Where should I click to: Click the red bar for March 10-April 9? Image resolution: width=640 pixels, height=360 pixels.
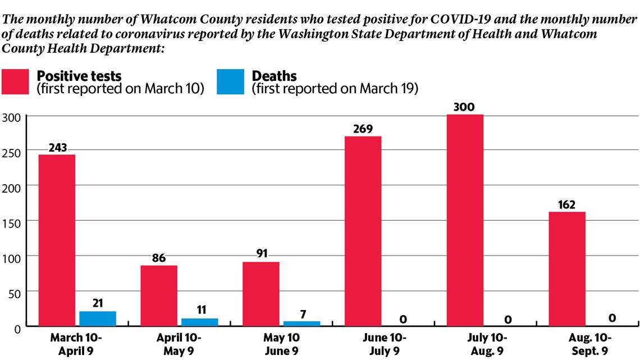pyautogui.click(x=57, y=240)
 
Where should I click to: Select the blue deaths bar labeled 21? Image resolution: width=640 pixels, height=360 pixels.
pyautogui.click(x=98, y=318)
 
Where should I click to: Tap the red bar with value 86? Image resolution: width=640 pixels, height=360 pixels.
pyautogui.click(x=159, y=295)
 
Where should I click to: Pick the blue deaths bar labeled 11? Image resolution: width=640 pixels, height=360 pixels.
pyautogui.click(x=199, y=322)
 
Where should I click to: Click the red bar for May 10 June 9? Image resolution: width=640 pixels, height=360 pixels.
pyautogui.click(x=260, y=294)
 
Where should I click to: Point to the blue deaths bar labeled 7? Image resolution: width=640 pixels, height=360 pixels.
pyautogui.click(x=301, y=323)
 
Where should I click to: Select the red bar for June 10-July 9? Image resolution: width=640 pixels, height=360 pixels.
pyautogui.click(x=363, y=231)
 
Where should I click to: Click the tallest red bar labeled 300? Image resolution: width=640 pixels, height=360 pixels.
pyautogui.click(x=465, y=220)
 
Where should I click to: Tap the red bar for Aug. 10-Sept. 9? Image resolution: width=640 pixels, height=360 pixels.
pyautogui.click(x=567, y=268)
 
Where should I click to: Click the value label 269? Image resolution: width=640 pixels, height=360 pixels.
pyautogui.click(x=363, y=129)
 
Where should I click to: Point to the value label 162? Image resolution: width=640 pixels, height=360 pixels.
pyautogui.click(x=567, y=204)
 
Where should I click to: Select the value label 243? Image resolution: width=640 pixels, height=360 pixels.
pyautogui.click(x=57, y=148)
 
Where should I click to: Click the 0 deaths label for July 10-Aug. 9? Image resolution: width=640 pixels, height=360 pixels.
pyautogui.click(x=508, y=320)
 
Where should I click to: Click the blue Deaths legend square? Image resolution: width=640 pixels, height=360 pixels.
pyautogui.click(x=230, y=82)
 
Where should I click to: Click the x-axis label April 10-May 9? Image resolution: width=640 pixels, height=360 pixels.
pyautogui.click(x=179, y=344)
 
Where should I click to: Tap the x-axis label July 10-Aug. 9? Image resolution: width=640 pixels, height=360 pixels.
pyautogui.click(x=485, y=344)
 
